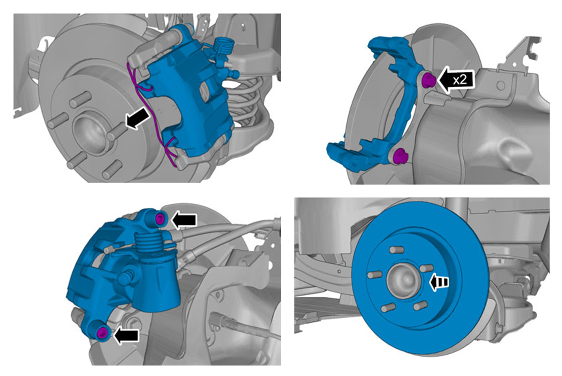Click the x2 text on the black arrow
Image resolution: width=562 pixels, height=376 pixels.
460,80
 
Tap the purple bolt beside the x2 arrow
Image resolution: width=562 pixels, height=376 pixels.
429,80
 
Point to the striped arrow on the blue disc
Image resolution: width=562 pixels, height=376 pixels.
439,282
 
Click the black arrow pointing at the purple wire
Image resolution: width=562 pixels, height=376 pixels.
138,118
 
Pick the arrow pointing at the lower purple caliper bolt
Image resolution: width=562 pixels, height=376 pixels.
126,336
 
